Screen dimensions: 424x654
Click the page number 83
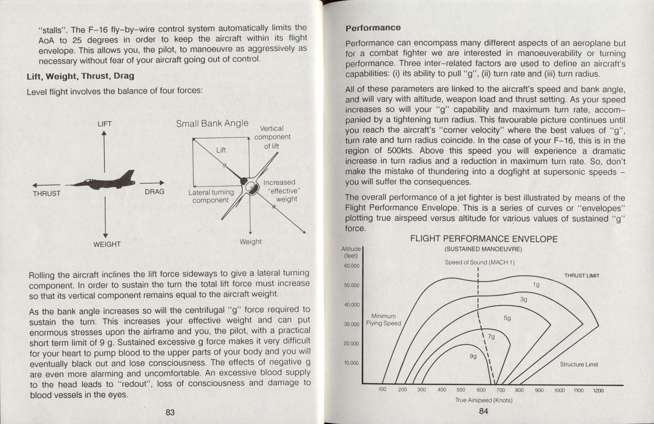[170, 412]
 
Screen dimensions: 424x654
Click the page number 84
[483, 411]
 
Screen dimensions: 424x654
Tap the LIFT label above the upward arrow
[104, 124]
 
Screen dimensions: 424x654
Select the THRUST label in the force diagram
[46, 194]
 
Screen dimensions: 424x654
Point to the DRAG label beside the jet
[154, 192]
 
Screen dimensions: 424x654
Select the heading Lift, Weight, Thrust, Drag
[80, 76]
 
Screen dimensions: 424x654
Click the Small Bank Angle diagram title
[212, 124]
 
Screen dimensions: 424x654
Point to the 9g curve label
[473, 356]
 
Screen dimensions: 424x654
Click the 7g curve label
[491, 337]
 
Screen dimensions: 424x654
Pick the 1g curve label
[536, 285]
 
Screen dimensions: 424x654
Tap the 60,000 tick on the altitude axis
[351, 266]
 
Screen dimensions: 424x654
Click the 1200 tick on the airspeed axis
[598, 391]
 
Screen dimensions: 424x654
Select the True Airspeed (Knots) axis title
[484, 400]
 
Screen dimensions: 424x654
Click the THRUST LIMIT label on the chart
[582, 276]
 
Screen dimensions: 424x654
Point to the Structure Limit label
[579, 364]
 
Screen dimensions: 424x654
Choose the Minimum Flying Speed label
[383, 320]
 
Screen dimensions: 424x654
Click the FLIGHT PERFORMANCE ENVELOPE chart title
[484, 239]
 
